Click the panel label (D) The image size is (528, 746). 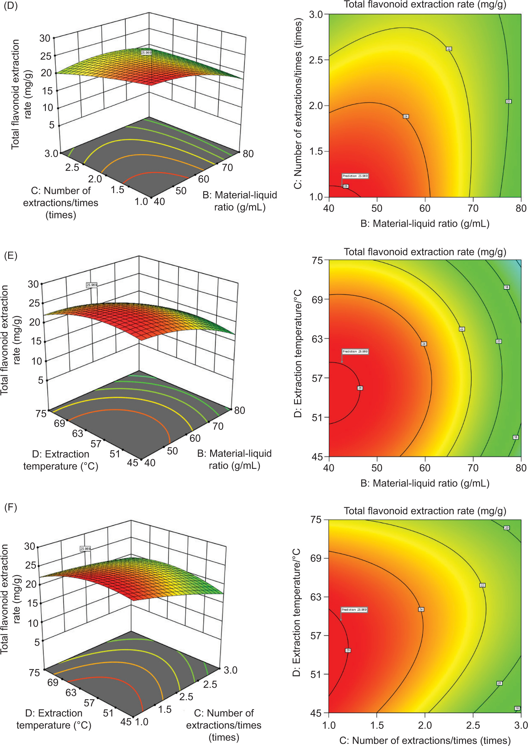[x=11, y=5]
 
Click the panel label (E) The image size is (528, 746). [x=11, y=255]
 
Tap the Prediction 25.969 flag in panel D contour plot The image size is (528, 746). [x=355, y=176]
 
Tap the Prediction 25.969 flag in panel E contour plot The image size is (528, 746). [x=355, y=351]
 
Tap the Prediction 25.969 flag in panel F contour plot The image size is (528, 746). [x=354, y=609]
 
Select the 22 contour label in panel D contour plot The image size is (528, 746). [x=449, y=49]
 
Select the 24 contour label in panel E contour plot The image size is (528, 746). [x=424, y=344]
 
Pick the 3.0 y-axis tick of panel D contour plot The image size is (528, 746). [x=315, y=14]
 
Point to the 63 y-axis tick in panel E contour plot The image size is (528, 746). [x=317, y=339]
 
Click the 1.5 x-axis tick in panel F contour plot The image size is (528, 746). [x=377, y=725]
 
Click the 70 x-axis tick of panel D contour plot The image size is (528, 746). [x=473, y=208]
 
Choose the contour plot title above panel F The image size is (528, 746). [x=425, y=511]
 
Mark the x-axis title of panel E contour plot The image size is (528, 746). [x=425, y=483]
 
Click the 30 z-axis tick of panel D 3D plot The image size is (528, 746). [x=45, y=38]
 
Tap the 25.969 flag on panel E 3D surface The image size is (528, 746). [x=92, y=285]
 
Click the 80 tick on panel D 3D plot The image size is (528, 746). [x=248, y=154]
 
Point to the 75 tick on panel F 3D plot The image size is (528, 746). [x=34, y=672]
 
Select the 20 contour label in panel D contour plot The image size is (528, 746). [x=508, y=101]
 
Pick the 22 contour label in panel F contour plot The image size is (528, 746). [x=482, y=585]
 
